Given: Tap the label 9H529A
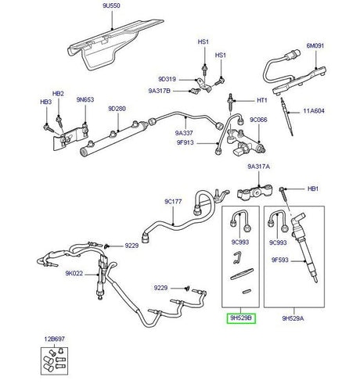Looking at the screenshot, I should click(293, 318).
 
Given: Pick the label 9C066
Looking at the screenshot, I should click(259, 120).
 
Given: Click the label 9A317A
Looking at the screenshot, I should click(260, 167).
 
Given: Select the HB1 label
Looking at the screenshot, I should click(313, 189).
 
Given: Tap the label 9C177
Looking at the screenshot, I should click(173, 201).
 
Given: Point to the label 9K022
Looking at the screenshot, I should click(75, 274).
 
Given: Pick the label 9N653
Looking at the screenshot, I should click(85, 99).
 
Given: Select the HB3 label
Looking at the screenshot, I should click(46, 102).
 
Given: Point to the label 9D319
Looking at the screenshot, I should click(167, 78).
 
